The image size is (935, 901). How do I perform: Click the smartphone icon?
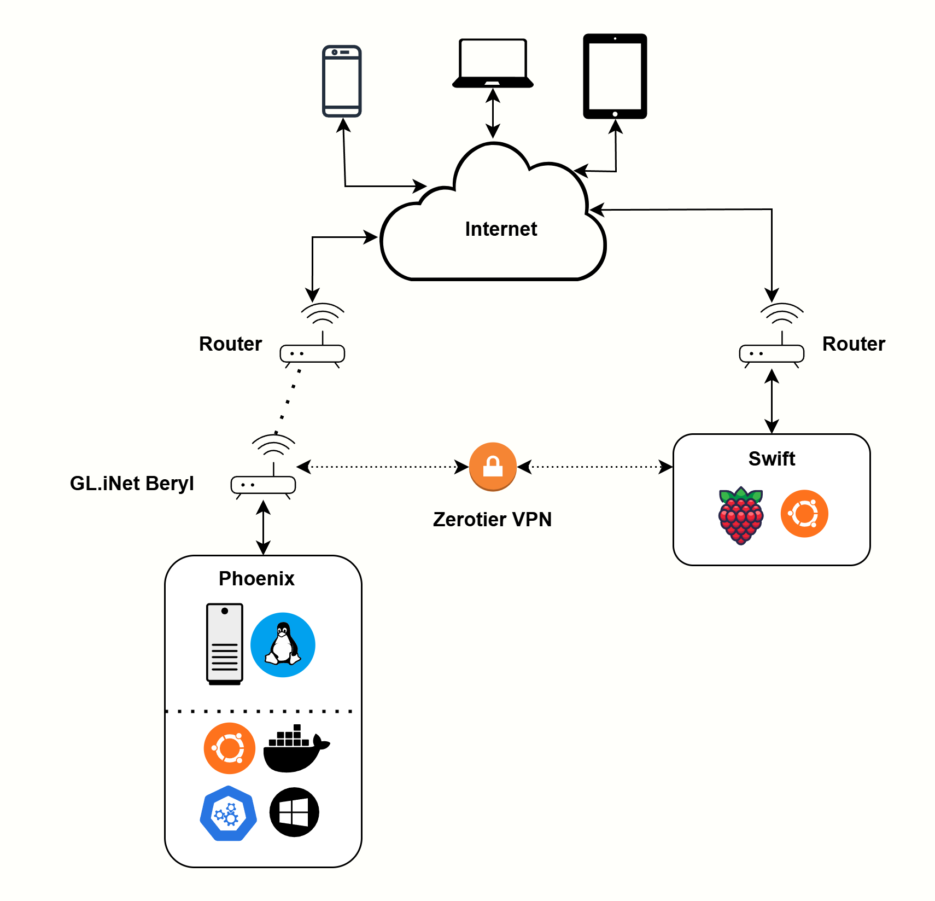[342, 81]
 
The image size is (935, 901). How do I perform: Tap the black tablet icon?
[615, 76]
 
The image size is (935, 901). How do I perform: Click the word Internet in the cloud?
[501, 229]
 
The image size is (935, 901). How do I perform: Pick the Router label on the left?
[230, 344]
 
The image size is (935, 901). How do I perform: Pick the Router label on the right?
[853, 344]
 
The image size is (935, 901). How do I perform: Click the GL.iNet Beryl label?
[132, 483]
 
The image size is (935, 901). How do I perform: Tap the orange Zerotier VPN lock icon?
[493, 467]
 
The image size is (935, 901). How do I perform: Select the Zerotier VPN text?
[492, 519]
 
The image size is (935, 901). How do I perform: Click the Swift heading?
[772, 458]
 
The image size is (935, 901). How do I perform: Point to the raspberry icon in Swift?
[741, 515]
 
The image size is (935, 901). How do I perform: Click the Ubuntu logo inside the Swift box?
[804, 514]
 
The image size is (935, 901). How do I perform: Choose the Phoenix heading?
[256, 578]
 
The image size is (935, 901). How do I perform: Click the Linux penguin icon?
[283, 644]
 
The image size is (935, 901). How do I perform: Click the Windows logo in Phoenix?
[294, 812]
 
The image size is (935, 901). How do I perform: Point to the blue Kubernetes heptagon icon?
[229, 813]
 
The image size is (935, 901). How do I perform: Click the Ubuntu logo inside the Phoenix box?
[230, 748]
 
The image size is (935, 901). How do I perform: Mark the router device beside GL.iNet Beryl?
[264, 484]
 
